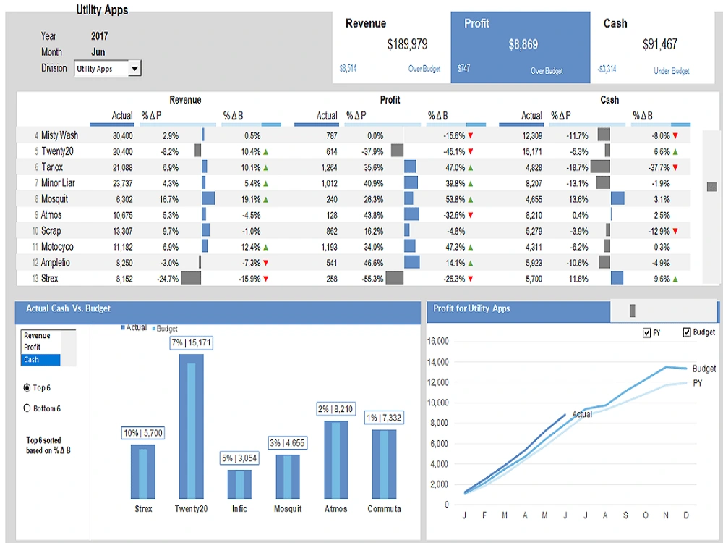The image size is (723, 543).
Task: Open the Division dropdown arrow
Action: tap(134, 69)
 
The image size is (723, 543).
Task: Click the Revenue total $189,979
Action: tap(407, 45)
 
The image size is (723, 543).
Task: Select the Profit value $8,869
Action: tap(523, 45)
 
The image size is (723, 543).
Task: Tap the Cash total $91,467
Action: tap(659, 45)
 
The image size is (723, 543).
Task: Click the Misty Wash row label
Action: tap(59, 135)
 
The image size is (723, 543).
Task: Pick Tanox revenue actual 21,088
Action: tap(122, 167)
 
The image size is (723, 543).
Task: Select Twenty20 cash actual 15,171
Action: tap(531, 151)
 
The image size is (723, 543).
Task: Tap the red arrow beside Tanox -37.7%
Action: tap(675, 167)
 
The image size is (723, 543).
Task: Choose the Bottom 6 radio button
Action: tap(27, 408)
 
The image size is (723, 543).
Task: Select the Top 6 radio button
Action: tap(27, 388)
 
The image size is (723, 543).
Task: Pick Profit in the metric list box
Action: tap(33, 348)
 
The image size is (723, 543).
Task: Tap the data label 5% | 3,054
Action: tap(239, 458)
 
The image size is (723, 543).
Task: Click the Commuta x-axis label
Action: tap(384, 509)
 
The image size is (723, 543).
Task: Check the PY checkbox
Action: tap(646, 333)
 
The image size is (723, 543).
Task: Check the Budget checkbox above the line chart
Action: tap(686, 333)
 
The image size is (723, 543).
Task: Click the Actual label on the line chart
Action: tap(582, 414)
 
